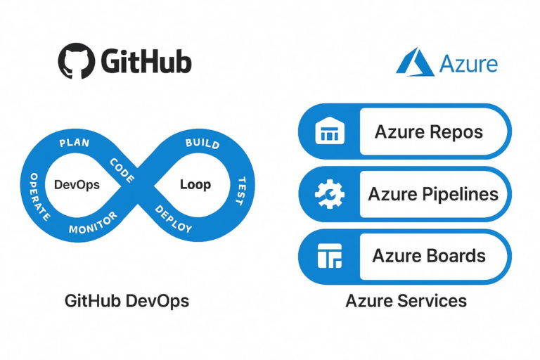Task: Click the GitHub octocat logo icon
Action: pyautogui.click(x=77, y=60)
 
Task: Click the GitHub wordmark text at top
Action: pyautogui.click(x=146, y=61)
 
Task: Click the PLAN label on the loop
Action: pyautogui.click(x=75, y=143)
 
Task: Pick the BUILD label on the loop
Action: pyautogui.click(x=202, y=143)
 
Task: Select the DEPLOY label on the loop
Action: pyautogui.click(x=173, y=220)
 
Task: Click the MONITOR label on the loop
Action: pyautogui.click(x=93, y=229)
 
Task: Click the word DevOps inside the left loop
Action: pyautogui.click(x=77, y=185)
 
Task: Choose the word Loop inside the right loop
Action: pyautogui.click(x=195, y=185)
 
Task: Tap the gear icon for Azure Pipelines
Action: pyautogui.click(x=328, y=194)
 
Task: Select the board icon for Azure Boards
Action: pyautogui.click(x=328, y=257)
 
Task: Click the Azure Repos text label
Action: pyautogui.click(x=428, y=132)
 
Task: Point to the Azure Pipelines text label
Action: pyautogui.click(x=433, y=194)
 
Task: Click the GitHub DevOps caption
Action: pyautogui.click(x=127, y=301)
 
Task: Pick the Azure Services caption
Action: pyautogui.click(x=406, y=301)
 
